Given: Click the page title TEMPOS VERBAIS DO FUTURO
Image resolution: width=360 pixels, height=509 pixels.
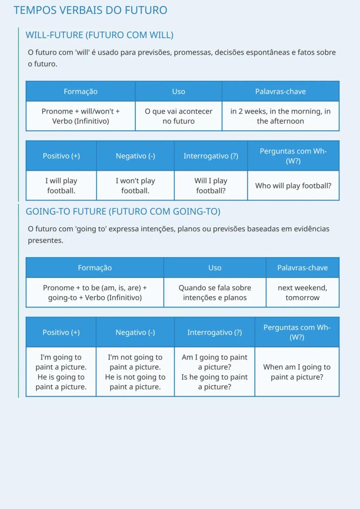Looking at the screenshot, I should pos(90,10).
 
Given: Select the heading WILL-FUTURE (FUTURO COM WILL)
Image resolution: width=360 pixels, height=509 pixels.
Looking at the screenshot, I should pos(100,35).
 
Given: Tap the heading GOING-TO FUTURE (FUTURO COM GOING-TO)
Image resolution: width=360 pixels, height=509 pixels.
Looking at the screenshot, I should pos(123,212).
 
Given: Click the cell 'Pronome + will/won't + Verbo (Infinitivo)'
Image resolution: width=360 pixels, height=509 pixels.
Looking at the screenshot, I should pos(80,116).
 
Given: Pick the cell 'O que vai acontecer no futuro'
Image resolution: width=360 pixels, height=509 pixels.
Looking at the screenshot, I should pos(179,116).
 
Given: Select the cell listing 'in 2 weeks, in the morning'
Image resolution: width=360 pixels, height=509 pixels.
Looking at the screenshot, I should pos(280,116).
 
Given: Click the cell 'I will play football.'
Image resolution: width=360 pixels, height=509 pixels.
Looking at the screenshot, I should pos(61,186).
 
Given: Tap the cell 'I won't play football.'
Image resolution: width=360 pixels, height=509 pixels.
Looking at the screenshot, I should pos(135,186).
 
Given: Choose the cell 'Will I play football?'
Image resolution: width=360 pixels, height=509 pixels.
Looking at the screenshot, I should pos(211,186).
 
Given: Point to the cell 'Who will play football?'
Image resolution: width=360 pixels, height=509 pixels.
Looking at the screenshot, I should pos(293,186).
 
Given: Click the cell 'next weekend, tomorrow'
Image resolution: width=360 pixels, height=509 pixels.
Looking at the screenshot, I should pos(302,293).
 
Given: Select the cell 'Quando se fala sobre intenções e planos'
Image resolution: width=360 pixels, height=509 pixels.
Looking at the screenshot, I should pos(215,293).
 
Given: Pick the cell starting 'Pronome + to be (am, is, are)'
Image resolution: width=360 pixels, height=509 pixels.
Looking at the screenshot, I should pos(95,293).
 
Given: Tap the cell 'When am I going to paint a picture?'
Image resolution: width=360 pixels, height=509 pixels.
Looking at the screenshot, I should pos(297,372).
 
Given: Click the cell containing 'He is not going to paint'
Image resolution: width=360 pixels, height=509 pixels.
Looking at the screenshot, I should pos(135,372).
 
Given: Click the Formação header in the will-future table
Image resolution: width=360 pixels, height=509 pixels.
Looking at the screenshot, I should pos(80,92).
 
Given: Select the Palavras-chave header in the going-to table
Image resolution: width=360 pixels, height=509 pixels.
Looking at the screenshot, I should pos(302,268).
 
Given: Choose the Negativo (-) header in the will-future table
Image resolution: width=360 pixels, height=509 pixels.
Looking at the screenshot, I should pos(135,156).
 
